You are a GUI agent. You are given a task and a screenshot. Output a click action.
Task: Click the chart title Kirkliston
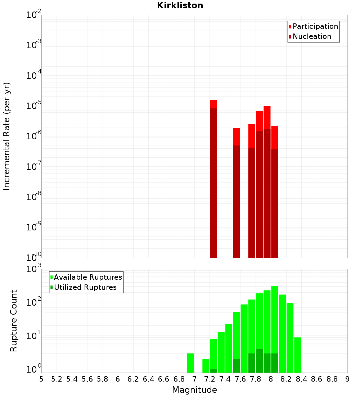(x=180, y=5)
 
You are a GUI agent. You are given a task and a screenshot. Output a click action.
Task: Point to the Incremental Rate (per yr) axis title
(x=7, y=136)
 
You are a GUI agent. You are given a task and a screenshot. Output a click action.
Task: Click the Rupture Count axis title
(x=14, y=321)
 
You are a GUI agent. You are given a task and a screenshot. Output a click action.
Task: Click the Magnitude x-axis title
(x=194, y=390)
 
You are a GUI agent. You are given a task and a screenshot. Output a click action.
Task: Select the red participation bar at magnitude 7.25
(x=213, y=104)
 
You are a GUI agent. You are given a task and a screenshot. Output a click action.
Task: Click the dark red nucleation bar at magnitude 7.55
(x=237, y=202)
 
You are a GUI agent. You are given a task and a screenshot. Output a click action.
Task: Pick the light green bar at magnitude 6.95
(x=191, y=363)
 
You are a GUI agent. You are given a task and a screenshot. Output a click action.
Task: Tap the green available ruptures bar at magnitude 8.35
(x=298, y=355)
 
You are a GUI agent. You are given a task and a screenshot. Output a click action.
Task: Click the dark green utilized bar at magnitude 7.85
(x=259, y=361)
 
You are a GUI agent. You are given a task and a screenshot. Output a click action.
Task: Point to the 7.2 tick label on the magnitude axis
(x=210, y=379)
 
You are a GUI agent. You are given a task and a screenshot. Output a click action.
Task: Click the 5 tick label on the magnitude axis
(x=41, y=379)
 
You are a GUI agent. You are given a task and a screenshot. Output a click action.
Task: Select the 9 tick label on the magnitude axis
(x=347, y=379)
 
